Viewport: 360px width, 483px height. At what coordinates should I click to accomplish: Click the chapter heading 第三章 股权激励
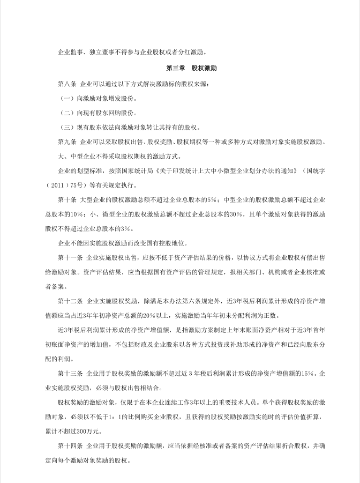coord(191,69)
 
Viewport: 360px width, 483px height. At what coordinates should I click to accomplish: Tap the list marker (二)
coord(66,113)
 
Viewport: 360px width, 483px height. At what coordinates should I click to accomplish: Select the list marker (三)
coord(66,128)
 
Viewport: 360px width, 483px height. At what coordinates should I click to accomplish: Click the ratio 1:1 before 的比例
coord(121,417)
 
